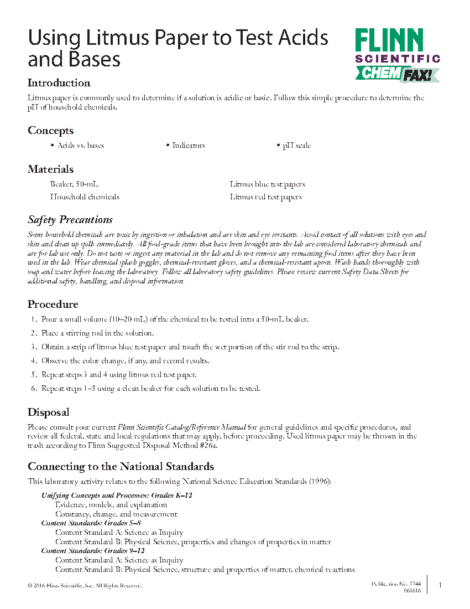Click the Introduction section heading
point(59,83)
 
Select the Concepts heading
point(50,131)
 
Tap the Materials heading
point(50,169)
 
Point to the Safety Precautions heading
point(70,220)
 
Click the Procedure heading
point(53,304)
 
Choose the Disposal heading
point(49,412)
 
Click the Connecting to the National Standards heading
point(121,466)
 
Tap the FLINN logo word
point(389,40)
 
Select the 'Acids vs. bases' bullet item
point(80,146)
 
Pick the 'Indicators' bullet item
point(189,146)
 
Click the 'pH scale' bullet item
point(296,146)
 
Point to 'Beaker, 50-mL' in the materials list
point(74,184)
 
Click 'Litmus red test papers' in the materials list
point(266,197)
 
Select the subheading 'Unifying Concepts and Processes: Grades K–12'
point(117,495)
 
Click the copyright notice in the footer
point(84,586)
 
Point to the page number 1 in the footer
point(440,585)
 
